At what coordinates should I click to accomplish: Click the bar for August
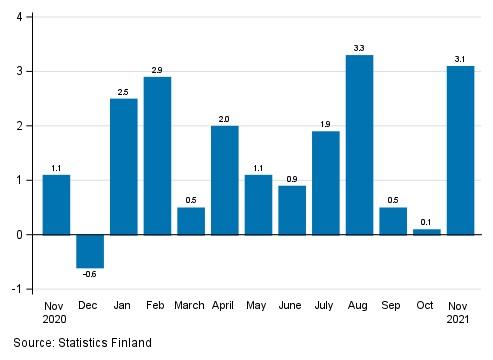359,145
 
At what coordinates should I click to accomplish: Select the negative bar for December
90,251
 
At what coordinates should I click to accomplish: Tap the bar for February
157,156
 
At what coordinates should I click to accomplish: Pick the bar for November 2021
460,150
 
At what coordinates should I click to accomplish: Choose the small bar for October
427,232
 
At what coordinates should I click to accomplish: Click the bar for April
225,180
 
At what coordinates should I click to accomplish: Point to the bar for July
326,183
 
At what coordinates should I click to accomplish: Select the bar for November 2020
56,205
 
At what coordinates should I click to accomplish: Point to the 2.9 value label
157,69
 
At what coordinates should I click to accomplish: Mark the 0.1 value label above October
427,221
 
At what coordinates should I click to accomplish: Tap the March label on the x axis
191,305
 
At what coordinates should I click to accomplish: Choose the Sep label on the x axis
393,305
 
